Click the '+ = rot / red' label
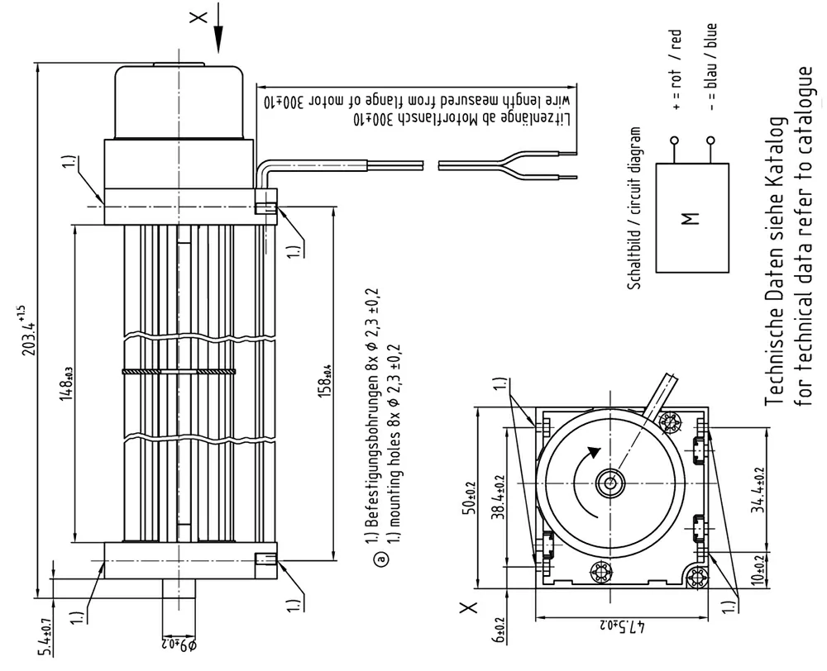click(676, 70)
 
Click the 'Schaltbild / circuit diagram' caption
click(635, 207)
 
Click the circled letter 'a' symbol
click(381, 559)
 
